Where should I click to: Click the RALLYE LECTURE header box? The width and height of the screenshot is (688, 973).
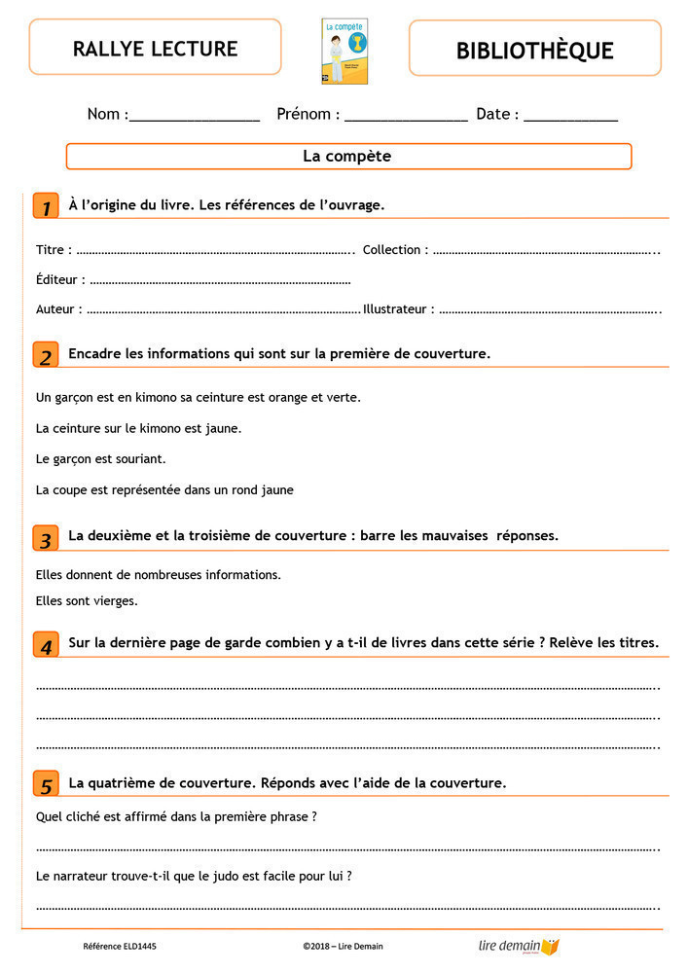click(x=155, y=48)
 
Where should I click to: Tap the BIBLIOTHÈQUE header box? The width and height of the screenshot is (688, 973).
click(x=534, y=50)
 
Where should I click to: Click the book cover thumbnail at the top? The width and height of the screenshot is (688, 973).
click(x=344, y=52)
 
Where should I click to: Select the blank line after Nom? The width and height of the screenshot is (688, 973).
click(x=195, y=117)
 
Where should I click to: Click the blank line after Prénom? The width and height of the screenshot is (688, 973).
click(x=406, y=117)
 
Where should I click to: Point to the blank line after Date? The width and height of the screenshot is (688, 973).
click(x=570, y=117)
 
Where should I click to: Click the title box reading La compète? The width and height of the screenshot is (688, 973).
click(x=348, y=156)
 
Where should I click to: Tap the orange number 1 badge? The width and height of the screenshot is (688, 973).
click(x=46, y=206)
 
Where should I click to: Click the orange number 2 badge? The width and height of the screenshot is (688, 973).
click(x=46, y=355)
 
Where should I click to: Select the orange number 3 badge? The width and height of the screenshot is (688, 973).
click(x=46, y=538)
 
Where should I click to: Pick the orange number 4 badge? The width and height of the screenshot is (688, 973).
click(x=46, y=645)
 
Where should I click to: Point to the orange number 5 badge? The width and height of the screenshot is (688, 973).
click(x=46, y=784)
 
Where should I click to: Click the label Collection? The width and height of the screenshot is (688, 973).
click(x=394, y=250)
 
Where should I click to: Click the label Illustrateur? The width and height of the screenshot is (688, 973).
click(x=398, y=309)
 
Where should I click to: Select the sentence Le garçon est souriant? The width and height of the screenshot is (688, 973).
click(x=100, y=458)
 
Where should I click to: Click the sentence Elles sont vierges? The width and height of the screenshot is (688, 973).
click(x=87, y=601)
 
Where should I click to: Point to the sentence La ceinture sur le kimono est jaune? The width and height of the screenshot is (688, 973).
click(x=138, y=428)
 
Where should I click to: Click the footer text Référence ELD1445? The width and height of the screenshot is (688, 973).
click(x=120, y=946)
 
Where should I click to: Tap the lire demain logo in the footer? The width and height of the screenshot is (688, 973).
click(x=519, y=946)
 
